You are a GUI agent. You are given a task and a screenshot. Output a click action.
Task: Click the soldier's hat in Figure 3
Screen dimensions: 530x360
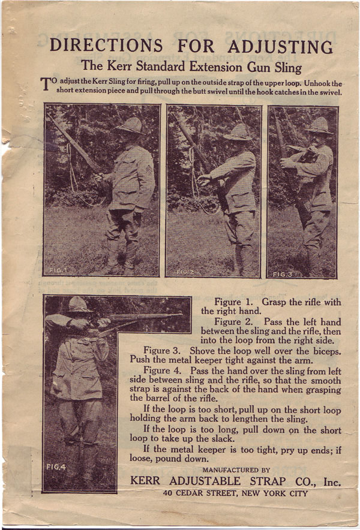319,125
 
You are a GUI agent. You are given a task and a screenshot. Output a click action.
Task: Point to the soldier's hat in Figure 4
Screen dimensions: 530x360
80,305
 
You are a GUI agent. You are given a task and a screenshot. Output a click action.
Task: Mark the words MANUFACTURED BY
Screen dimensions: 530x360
236,470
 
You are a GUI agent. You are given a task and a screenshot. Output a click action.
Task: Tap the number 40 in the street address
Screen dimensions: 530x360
172,494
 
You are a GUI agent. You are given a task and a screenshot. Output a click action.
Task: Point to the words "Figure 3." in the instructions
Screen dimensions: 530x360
163,350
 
